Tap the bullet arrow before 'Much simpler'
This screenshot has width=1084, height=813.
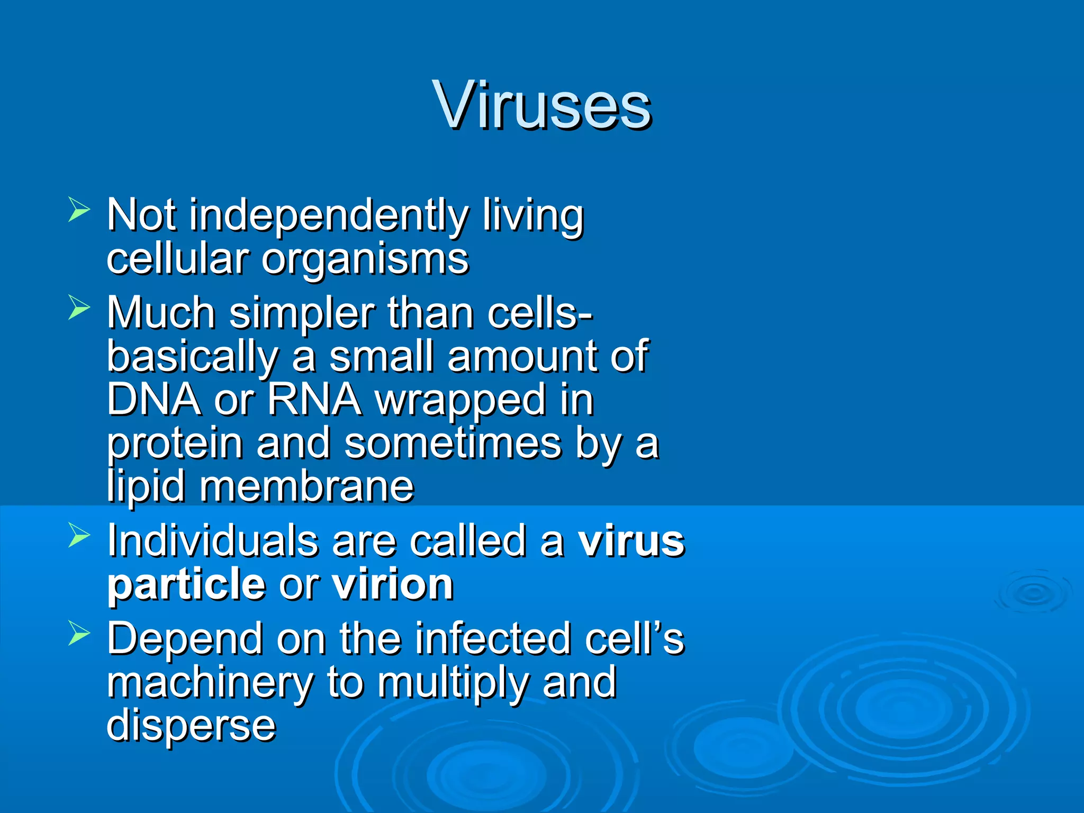click(79, 308)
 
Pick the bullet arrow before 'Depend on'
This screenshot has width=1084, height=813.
click(79, 634)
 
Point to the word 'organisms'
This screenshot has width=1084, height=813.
click(365, 259)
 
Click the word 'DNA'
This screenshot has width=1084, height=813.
click(153, 400)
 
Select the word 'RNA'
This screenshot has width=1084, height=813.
click(314, 400)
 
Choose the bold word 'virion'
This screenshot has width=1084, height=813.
click(392, 585)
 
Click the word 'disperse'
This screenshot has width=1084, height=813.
click(191, 726)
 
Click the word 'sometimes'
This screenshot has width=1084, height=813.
click(453, 444)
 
